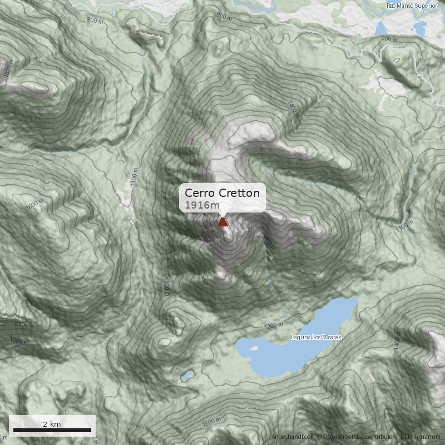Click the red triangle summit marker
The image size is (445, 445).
(223, 222)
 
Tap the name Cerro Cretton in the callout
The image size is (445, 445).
(222, 193)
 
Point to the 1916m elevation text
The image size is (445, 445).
(202, 206)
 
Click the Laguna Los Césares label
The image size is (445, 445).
(316, 338)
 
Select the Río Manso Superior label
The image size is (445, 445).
(412, 6)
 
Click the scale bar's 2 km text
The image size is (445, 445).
(52, 424)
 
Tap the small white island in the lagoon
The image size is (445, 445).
(254, 349)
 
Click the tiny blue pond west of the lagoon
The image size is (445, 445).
(186, 376)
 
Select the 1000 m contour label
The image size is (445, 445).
(18, 340)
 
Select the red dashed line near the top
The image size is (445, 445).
(151, 35)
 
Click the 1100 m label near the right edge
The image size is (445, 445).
(406, 226)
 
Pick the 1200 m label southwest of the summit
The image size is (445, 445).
(165, 286)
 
